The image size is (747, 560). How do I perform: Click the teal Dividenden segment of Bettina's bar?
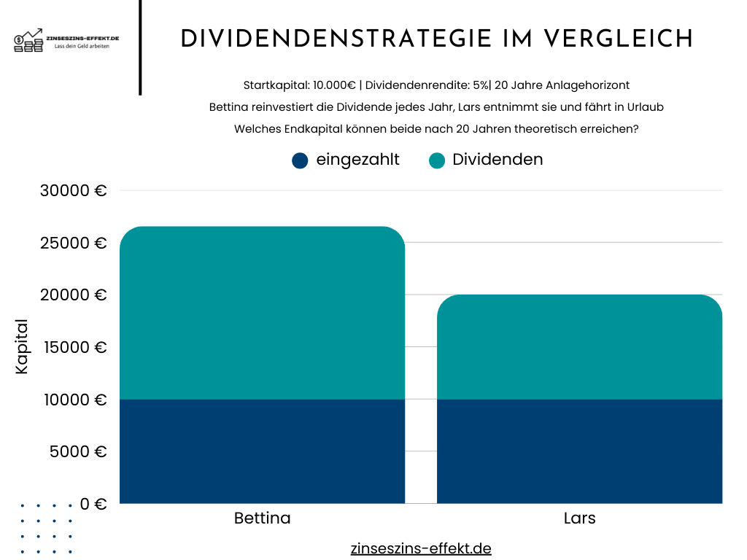point(262,313)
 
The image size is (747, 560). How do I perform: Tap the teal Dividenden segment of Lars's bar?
point(579,347)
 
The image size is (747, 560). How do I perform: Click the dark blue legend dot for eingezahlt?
point(300,160)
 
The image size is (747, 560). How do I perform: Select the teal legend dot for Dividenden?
point(437,160)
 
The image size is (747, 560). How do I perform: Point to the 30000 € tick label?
point(74,191)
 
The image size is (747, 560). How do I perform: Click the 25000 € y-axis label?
point(74,243)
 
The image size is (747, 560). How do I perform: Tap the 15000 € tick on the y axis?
point(74,347)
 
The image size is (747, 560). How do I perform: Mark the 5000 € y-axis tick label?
point(78,451)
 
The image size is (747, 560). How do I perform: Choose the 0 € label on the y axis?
point(93,504)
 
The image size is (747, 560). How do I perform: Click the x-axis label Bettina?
point(262,518)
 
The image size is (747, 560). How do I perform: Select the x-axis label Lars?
point(579,518)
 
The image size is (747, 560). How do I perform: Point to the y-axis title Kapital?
point(22,347)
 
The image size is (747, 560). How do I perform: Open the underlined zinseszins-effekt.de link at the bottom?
point(421,548)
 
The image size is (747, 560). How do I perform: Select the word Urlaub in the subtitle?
point(644,106)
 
